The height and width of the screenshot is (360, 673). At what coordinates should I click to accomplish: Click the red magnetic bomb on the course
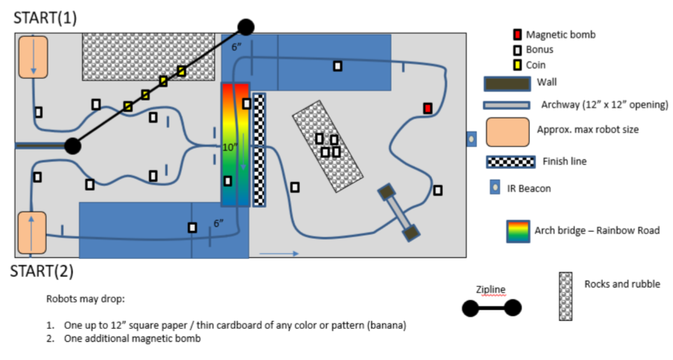[x=427, y=108]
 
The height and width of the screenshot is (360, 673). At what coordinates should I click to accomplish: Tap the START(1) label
[x=45, y=18]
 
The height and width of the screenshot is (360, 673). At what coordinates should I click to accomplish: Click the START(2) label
[x=42, y=271]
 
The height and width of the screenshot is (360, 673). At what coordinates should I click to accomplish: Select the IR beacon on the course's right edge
[x=471, y=139]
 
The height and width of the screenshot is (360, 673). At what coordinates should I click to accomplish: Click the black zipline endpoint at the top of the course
[x=246, y=26]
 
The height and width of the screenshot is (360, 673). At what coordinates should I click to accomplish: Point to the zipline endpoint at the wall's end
[x=73, y=146]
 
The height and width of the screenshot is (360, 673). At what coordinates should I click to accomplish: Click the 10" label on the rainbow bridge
[x=230, y=147]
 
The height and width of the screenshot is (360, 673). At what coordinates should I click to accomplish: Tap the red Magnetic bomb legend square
[x=517, y=35]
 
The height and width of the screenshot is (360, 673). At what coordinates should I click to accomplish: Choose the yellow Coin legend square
[x=517, y=65]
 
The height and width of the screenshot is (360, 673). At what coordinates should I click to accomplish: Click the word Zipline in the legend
[x=491, y=290]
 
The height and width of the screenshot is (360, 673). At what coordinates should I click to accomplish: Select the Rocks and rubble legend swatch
[x=566, y=296]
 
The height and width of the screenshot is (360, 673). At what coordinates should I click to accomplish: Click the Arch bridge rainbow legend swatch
[x=518, y=231]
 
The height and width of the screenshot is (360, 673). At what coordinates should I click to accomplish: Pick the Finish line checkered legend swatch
[x=510, y=162]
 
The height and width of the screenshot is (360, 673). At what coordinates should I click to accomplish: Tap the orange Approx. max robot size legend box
[x=507, y=132]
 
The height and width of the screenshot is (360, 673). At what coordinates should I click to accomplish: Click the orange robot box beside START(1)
[x=33, y=57]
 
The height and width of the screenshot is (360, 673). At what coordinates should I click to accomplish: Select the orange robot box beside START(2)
[x=32, y=233]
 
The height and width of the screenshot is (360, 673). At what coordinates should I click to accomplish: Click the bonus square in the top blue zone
[x=337, y=66]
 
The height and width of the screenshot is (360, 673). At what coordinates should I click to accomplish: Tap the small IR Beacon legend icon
[x=495, y=187]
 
